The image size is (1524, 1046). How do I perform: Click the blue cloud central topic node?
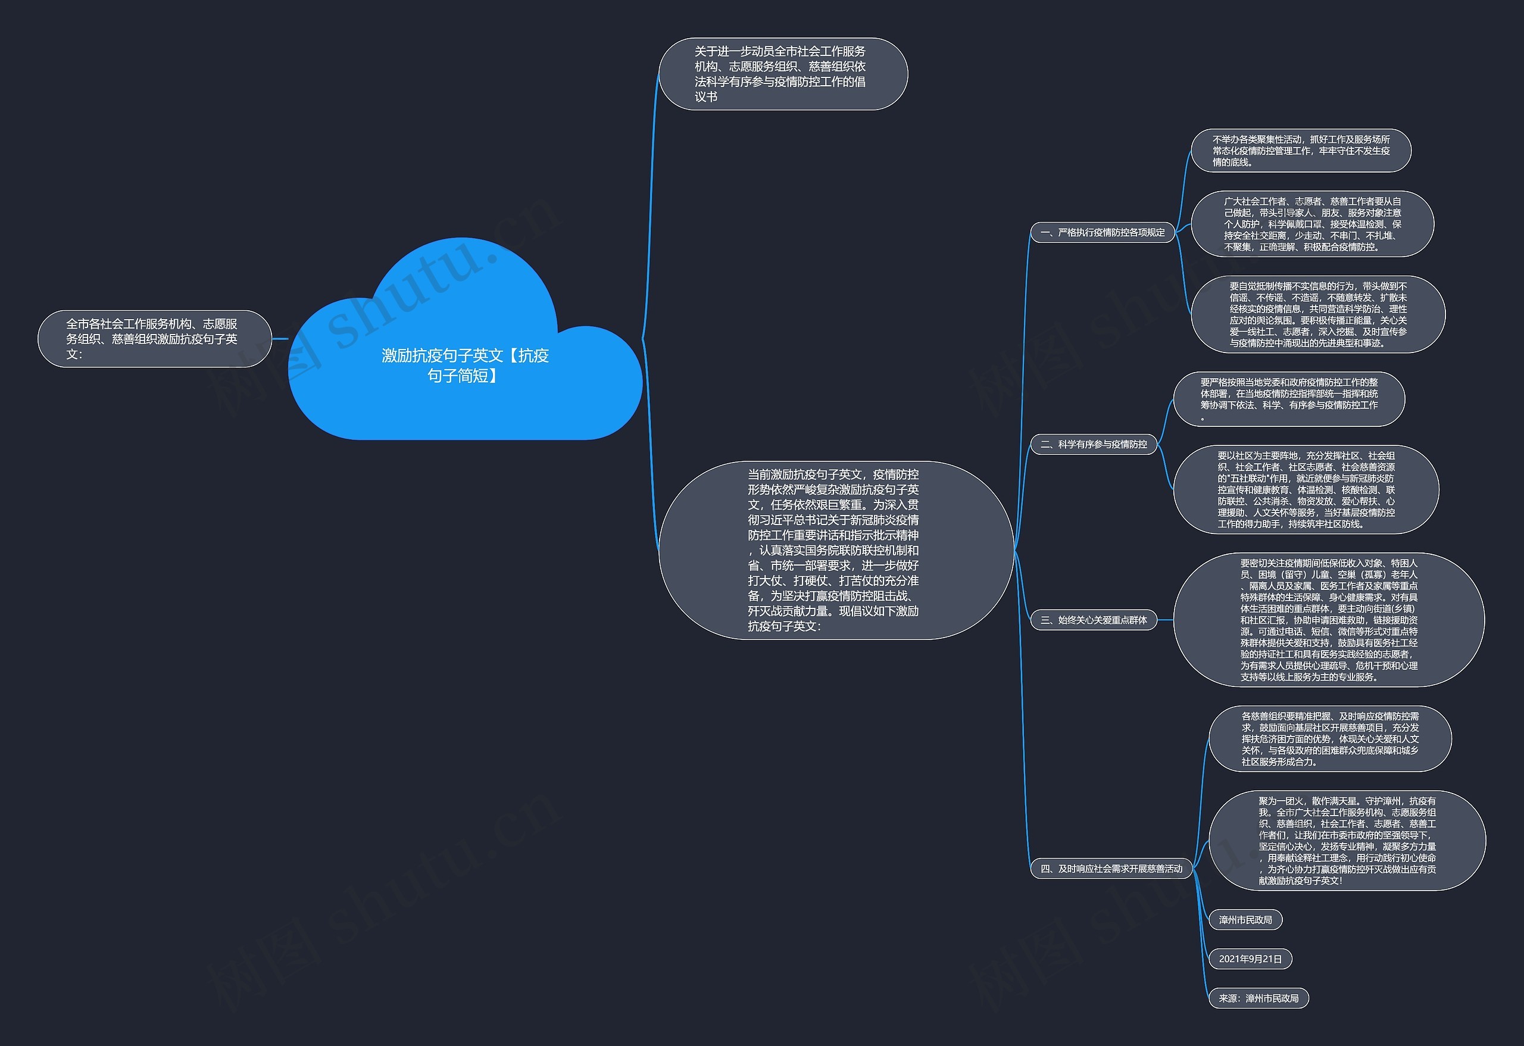(x=464, y=366)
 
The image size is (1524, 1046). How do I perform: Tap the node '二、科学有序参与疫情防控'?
(x=1093, y=444)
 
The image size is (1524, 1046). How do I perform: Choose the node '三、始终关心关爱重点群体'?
(x=1093, y=620)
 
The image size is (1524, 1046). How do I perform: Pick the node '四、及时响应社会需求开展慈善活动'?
(x=1111, y=868)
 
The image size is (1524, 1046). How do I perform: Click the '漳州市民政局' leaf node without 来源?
(x=1245, y=919)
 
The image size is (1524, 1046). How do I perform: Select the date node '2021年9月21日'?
(x=1250, y=958)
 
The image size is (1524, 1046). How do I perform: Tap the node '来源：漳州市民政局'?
(x=1258, y=998)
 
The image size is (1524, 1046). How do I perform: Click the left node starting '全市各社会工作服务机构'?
(x=154, y=338)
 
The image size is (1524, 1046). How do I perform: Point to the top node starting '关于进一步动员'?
(x=782, y=73)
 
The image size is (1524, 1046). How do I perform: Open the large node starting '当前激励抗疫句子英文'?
(x=835, y=549)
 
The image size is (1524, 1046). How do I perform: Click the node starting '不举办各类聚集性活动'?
(x=1300, y=150)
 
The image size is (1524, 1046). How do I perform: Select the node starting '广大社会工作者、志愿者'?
(x=1311, y=224)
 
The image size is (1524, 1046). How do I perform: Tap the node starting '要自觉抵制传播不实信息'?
(x=1317, y=314)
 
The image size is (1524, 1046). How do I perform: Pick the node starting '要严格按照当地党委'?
(x=1289, y=399)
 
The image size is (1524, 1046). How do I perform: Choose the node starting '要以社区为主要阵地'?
(x=1306, y=489)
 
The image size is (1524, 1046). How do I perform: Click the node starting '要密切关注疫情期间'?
(x=1328, y=620)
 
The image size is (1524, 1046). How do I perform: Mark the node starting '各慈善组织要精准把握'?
(x=1329, y=738)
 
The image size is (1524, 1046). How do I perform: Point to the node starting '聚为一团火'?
(x=1346, y=840)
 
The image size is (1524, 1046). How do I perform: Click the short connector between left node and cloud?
(x=280, y=338)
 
